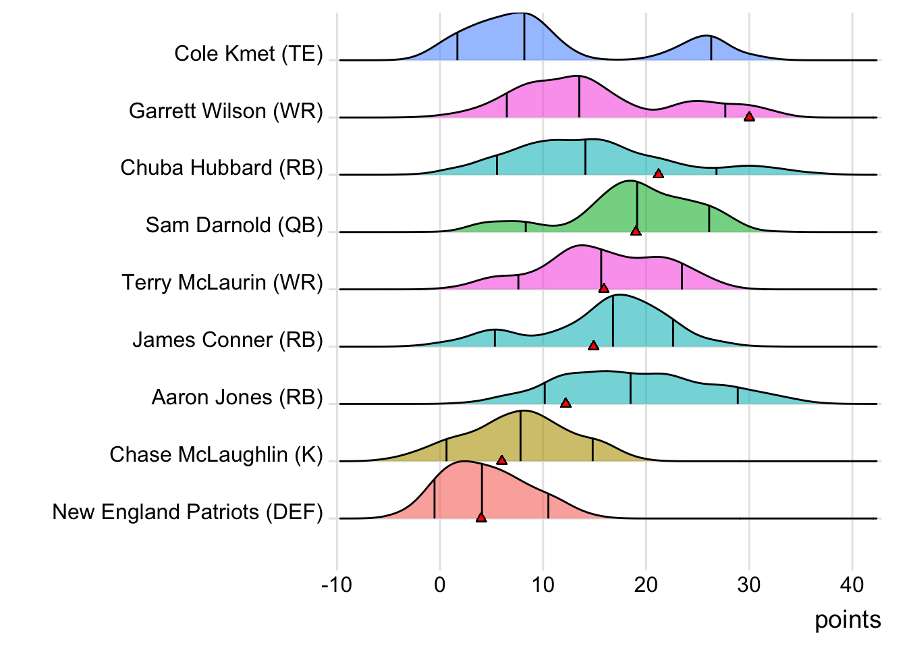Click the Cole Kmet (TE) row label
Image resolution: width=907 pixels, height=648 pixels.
coord(248,54)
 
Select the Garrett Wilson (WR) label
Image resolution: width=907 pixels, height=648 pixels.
coord(226,111)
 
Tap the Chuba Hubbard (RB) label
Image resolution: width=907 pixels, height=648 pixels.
coord(221,168)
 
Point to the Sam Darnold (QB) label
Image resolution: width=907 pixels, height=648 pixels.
coord(234,225)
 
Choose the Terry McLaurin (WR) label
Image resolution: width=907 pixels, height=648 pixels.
coord(222,283)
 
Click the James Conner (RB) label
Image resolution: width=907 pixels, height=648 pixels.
coord(227,340)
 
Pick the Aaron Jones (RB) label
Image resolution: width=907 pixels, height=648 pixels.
coord(237,398)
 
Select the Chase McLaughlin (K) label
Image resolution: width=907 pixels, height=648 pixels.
coord(216,455)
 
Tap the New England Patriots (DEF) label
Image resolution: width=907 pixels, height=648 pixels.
coord(188,512)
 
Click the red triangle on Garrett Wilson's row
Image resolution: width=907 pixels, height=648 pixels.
coord(749,117)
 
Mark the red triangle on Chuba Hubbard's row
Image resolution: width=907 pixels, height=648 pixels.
coord(659,174)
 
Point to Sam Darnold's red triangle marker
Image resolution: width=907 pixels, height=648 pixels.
coord(636,232)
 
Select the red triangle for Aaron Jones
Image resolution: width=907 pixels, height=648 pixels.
coord(566,403)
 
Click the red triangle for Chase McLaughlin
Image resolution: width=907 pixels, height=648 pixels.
coord(501,460)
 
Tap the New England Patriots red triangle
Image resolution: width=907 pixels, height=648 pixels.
coord(481,518)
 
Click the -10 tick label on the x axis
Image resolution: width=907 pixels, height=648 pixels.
coord(337,585)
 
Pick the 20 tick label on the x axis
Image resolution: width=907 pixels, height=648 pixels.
coord(646,585)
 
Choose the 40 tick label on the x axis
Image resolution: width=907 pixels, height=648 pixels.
coord(852,585)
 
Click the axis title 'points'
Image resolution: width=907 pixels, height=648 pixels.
coord(848,620)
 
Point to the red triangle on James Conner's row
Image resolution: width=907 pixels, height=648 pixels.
coord(593,346)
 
